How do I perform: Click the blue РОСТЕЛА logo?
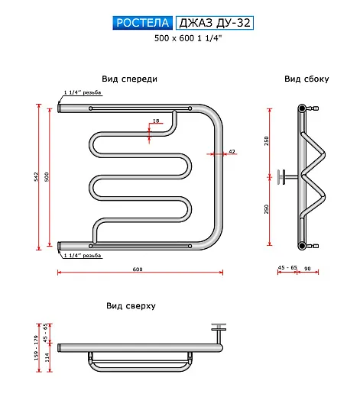[143, 23]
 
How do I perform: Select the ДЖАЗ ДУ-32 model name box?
[215, 23]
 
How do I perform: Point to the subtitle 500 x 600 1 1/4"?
[188, 38]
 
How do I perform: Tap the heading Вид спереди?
[129, 79]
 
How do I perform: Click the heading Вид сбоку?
[306, 79]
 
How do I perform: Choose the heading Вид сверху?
[131, 305]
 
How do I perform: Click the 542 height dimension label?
[37, 177]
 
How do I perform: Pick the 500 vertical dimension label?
[47, 177]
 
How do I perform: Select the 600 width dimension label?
[138, 270]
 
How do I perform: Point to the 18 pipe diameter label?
[156, 121]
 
